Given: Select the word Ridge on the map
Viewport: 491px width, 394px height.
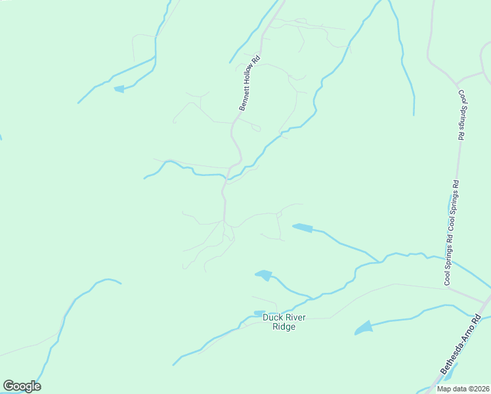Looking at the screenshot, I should click(x=284, y=326).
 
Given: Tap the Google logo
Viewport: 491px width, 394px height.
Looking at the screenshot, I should click(x=22, y=386).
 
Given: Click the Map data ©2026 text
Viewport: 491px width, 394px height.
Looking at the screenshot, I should click(x=462, y=389).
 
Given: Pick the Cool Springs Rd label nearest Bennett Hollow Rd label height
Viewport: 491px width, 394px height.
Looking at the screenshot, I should click(x=461, y=114).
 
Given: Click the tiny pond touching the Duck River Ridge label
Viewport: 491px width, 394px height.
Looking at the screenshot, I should click(x=259, y=313).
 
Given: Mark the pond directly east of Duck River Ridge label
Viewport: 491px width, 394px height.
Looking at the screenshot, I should click(x=362, y=326).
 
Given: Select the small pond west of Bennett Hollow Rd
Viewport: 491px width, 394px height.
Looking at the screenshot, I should click(x=119, y=89).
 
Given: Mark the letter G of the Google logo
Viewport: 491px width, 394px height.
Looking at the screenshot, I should click(x=9, y=386).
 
